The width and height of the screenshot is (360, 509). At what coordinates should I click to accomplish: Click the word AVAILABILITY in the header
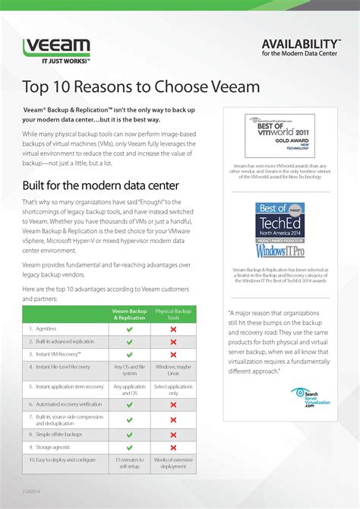[300, 43]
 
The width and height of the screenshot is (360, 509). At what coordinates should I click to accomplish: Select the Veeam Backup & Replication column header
[129, 314]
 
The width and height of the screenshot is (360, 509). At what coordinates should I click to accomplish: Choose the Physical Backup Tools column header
[173, 314]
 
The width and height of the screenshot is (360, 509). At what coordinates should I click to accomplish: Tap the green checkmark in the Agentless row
[129, 329]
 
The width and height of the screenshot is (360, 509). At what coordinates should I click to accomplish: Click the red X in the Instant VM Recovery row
[173, 355]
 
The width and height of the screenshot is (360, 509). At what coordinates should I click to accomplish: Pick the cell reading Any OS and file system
[129, 370]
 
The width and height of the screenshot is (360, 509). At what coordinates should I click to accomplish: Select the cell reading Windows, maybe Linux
[173, 370]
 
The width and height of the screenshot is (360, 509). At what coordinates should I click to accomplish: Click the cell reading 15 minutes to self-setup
[129, 463]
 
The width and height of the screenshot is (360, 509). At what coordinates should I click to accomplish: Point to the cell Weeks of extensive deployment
[173, 463]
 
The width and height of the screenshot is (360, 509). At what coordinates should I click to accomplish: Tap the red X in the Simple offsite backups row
[173, 434]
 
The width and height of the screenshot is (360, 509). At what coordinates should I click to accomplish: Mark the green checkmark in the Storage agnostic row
[129, 447]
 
